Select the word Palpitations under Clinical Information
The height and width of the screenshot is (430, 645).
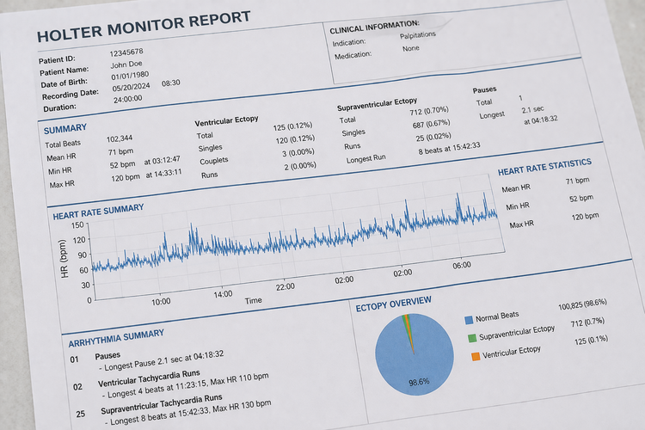click(418, 35)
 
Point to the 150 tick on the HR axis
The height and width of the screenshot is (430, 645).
click(79, 226)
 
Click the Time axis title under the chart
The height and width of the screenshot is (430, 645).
click(253, 301)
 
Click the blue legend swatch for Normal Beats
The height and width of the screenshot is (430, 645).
click(470, 317)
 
